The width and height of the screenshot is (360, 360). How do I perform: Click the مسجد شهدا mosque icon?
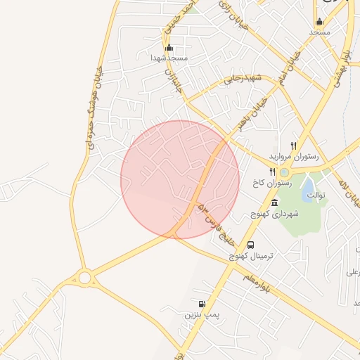pyautogui.click(x=169, y=48)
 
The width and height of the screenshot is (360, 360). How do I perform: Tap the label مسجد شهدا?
pyautogui.click(x=169, y=58)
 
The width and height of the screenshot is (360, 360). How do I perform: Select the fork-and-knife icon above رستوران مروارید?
pyautogui.click(x=293, y=145)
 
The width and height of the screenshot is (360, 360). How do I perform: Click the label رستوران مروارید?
pyautogui.click(x=294, y=155)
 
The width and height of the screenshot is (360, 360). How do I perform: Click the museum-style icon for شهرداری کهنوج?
pyautogui.click(x=274, y=203)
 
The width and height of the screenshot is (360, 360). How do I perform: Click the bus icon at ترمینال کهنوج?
pyautogui.click(x=251, y=245)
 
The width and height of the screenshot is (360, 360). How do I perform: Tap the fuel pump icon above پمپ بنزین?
pyautogui.click(x=202, y=304)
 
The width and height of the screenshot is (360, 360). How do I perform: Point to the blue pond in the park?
pyautogui.click(x=308, y=188)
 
